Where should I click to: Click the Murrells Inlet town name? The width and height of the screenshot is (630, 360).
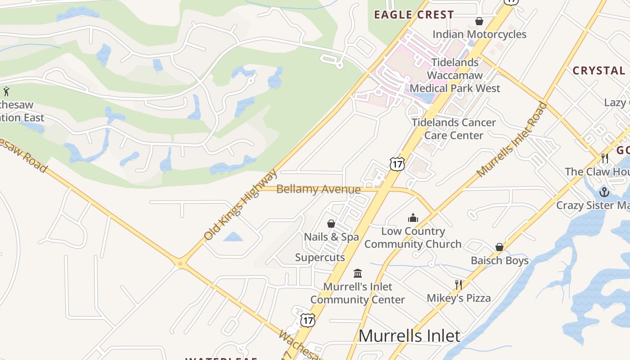[x=409, y=336]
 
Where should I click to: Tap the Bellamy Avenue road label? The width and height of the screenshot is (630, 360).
[x=318, y=189]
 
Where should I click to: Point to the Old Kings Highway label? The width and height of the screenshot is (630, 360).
[x=241, y=205]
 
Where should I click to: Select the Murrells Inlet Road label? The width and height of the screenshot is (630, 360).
[x=512, y=140]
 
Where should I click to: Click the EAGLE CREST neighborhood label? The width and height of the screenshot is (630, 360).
[x=414, y=15]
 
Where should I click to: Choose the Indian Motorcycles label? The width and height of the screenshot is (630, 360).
[x=479, y=35]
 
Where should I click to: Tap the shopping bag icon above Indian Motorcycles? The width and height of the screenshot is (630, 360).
[x=479, y=21]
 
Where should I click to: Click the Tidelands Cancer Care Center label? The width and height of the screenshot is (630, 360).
[x=454, y=129]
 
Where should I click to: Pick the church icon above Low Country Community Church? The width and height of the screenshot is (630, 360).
[x=413, y=218]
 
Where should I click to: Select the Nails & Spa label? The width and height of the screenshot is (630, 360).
[x=331, y=237]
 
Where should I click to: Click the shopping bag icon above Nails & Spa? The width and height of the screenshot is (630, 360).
[x=331, y=224]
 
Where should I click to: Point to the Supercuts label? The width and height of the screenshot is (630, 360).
[x=320, y=257]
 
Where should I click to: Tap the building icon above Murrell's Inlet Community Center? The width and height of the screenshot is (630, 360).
[x=358, y=273]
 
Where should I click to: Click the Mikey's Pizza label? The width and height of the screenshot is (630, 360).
[x=459, y=298]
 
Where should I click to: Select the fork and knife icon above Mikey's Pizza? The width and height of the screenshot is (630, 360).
[x=459, y=284]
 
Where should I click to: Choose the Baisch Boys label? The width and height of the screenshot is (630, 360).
[x=499, y=261]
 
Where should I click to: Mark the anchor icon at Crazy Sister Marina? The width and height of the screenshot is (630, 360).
[x=604, y=192]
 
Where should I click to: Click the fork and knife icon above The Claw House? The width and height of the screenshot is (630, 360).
[x=605, y=158]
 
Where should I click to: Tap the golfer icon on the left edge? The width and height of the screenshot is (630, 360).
[x=6, y=92]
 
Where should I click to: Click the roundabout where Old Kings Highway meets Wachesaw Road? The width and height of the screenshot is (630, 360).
[x=180, y=264]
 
